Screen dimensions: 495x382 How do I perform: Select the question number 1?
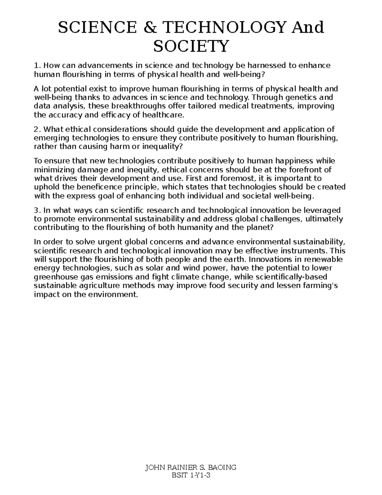click(37, 66)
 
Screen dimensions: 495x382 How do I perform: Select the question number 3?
click(37, 210)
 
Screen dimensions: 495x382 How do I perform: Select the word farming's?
click(321, 286)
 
